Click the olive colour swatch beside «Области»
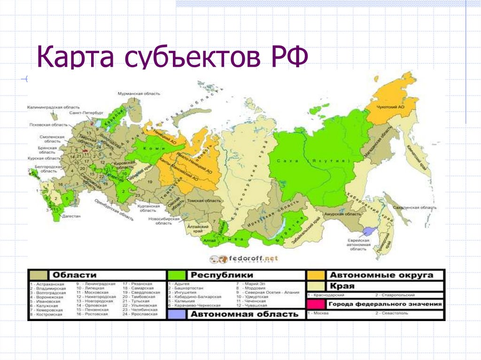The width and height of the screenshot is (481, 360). pos(39,275)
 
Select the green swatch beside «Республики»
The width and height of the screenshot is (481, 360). pos(177,275)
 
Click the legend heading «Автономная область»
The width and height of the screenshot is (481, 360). pos(244,314)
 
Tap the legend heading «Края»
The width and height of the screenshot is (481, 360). pos(342,286)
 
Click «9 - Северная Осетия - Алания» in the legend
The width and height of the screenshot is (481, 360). pos(268,291)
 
